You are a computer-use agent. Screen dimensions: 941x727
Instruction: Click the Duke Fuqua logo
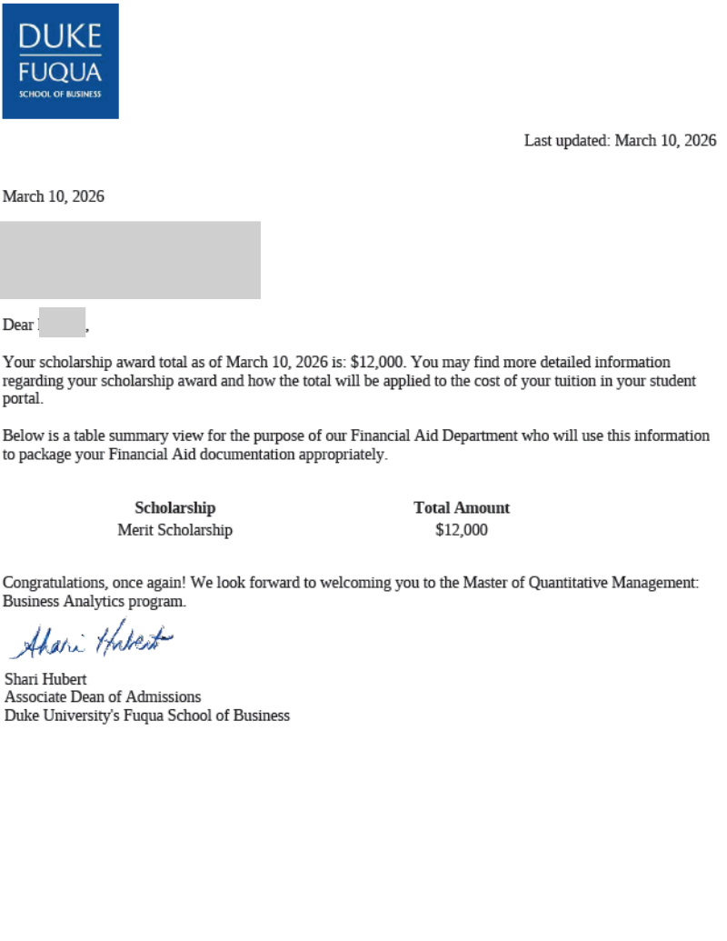coord(60,60)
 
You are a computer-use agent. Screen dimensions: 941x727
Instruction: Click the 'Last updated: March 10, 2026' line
coord(620,141)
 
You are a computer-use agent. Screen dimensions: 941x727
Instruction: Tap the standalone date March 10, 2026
coord(54,196)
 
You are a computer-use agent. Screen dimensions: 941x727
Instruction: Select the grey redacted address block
coord(130,260)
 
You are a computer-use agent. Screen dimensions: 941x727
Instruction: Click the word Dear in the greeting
coord(18,325)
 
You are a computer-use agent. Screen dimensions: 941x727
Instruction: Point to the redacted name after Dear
coord(62,324)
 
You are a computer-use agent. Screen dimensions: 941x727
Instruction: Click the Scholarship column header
coord(174,508)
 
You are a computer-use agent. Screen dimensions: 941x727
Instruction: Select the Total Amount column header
coord(462,508)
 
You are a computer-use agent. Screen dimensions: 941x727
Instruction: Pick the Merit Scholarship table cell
coord(174,530)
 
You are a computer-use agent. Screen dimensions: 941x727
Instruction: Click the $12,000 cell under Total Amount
coord(462,530)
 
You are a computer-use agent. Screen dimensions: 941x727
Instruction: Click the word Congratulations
coord(49,583)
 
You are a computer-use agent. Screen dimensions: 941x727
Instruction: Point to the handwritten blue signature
coord(91,640)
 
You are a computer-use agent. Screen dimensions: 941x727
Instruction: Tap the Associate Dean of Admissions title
coord(103,697)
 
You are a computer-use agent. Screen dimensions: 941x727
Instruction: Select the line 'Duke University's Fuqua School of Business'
coord(147,716)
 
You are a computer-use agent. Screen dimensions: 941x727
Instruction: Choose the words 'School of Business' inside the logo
coord(60,94)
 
